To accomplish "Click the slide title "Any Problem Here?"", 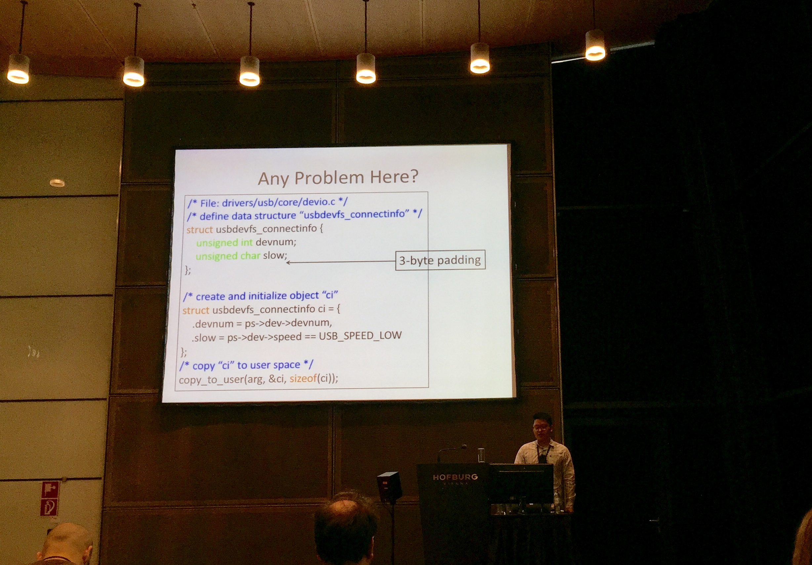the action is click(338, 178).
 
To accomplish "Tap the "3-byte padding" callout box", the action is click(440, 260).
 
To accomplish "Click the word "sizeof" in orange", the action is click(303, 378).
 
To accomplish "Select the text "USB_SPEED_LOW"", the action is click(360, 335).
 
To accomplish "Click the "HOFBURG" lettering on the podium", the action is click(455, 477).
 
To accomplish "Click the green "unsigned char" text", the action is click(228, 256).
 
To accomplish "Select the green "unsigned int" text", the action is click(224, 242).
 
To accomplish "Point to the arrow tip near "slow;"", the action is click(287, 263).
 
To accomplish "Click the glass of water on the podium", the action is click(481, 455).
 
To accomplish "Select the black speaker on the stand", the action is click(389, 487).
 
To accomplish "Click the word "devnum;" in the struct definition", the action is click(276, 242).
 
